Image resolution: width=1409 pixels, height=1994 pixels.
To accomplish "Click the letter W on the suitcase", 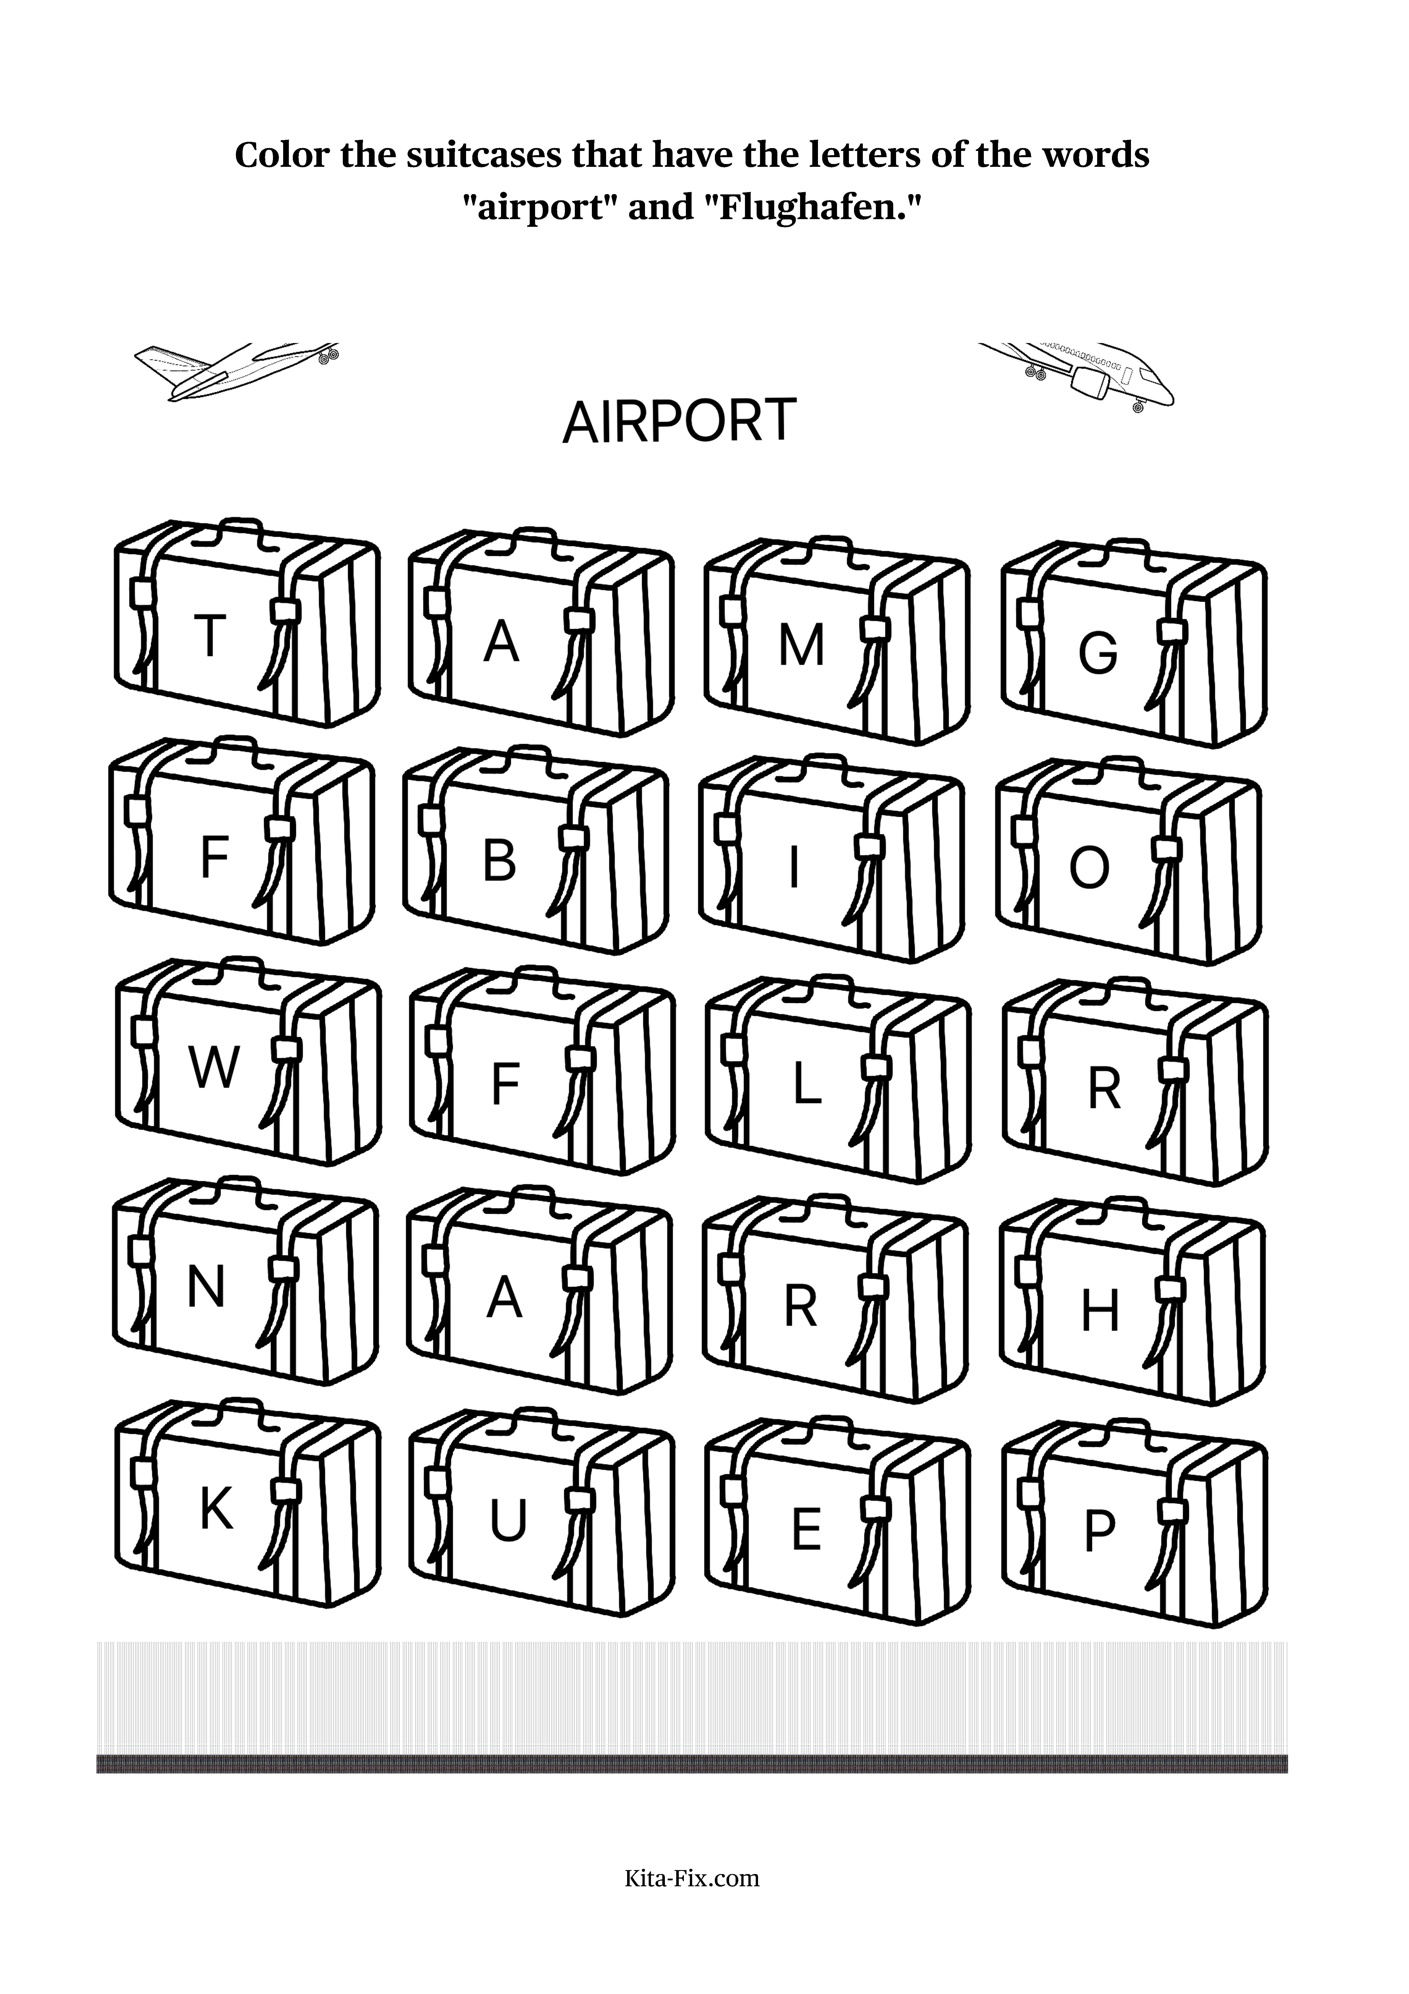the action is point(214,1067).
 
